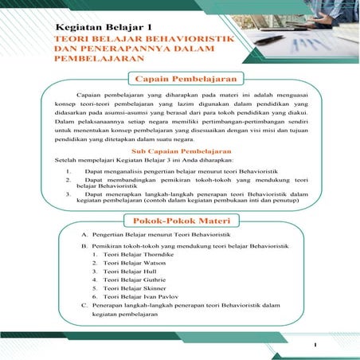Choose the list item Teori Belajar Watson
pos(124,268)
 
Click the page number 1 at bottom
pos(315,344)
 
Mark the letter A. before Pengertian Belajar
pos(84,236)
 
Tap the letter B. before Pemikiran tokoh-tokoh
pos(84,247)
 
